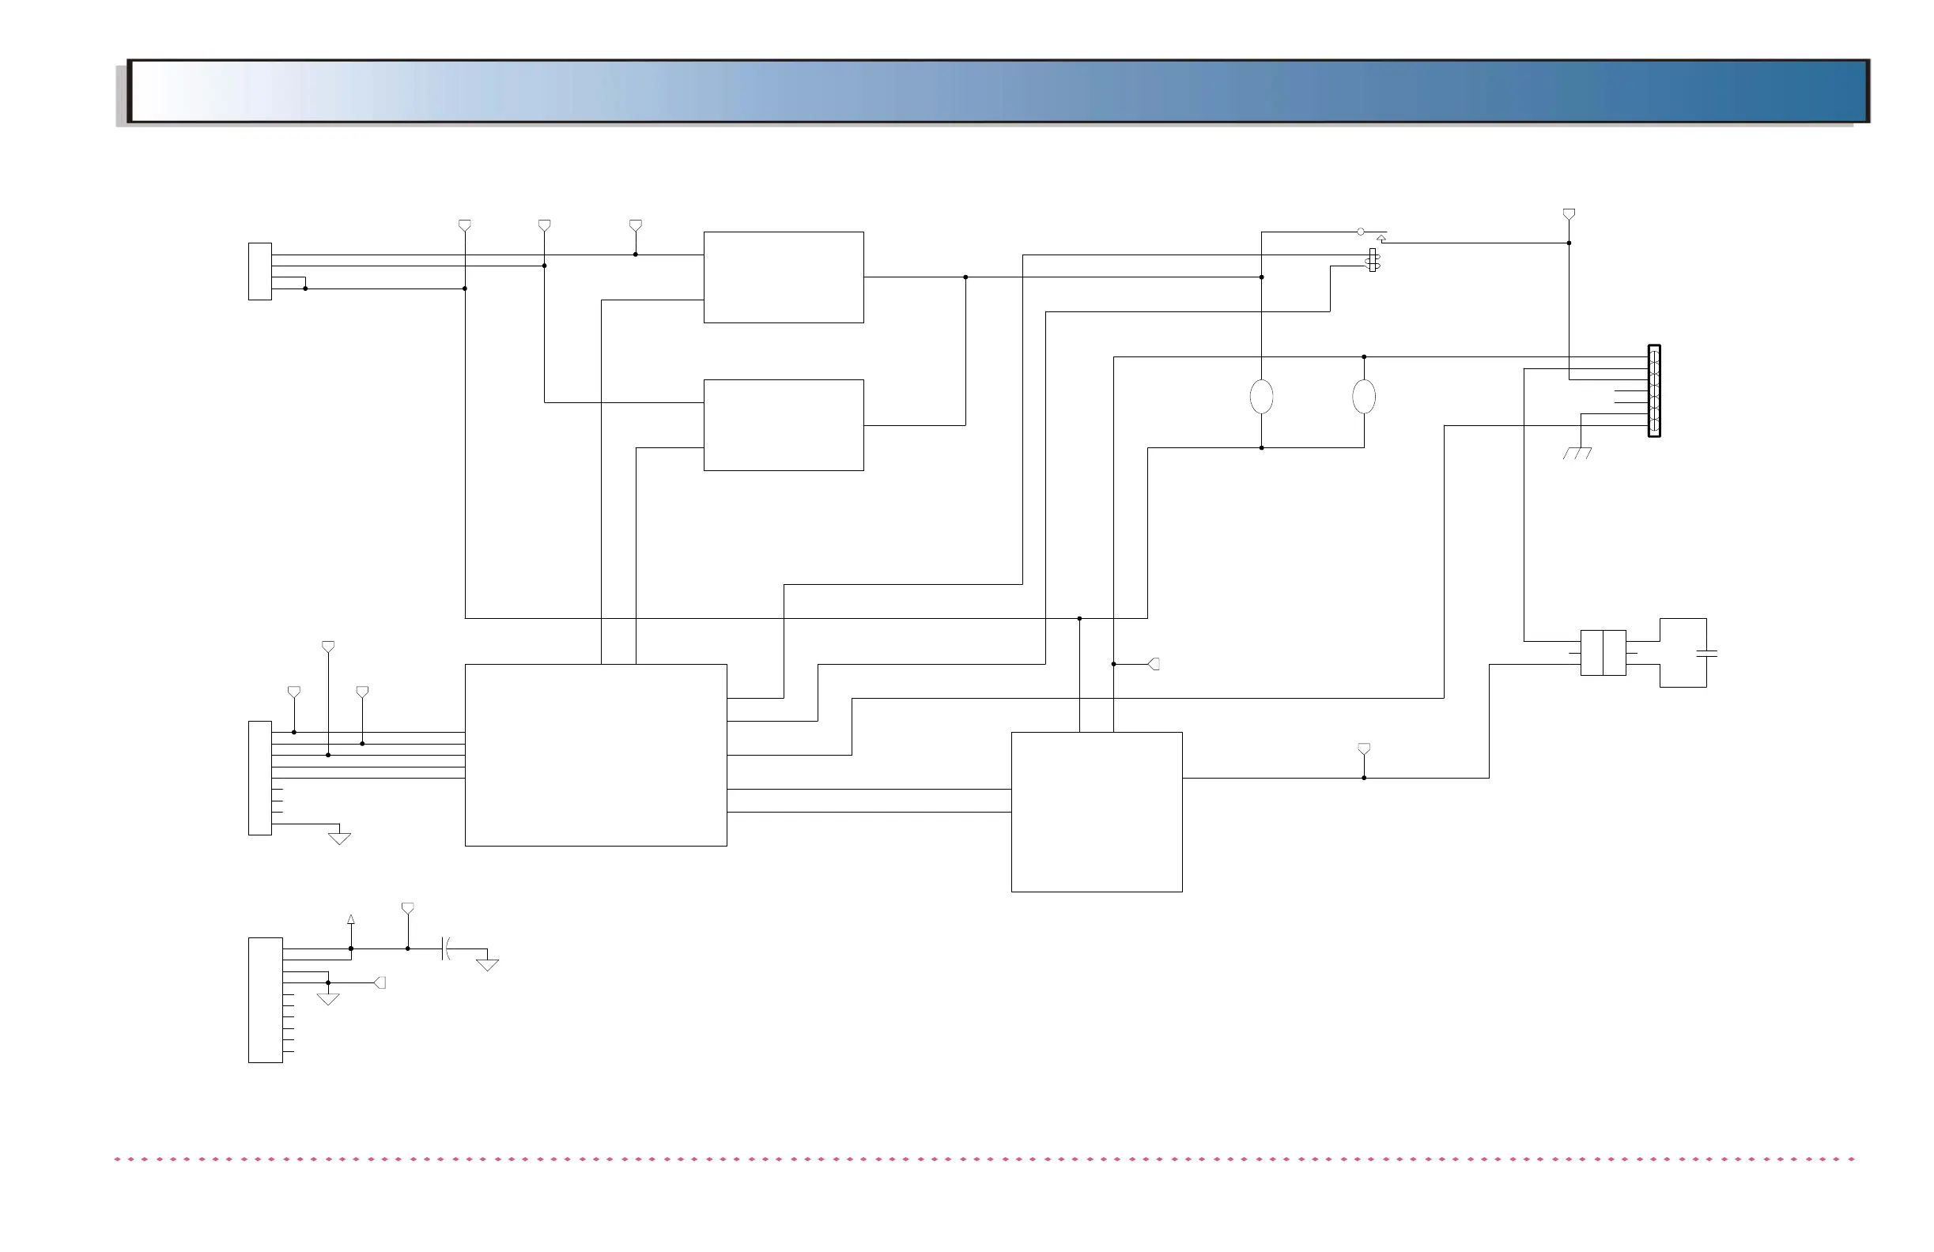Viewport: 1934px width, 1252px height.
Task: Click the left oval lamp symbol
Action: tap(1261, 397)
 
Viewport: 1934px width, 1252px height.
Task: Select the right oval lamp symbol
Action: tap(1364, 397)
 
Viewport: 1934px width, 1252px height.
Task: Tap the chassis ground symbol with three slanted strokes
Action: tap(1577, 454)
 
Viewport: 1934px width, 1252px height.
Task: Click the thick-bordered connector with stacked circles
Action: tap(1653, 390)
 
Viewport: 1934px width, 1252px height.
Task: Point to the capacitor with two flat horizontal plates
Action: tap(1706, 653)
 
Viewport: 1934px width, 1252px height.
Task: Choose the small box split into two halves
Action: tap(1603, 652)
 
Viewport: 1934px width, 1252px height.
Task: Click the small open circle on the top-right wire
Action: tap(1360, 232)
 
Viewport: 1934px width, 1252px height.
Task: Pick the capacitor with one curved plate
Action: tap(445, 948)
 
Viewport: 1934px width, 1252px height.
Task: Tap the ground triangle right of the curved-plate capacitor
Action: tap(487, 965)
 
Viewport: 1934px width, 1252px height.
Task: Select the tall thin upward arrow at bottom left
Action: tap(351, 920)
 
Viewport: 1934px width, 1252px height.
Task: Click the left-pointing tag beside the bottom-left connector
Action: tap(380, 983)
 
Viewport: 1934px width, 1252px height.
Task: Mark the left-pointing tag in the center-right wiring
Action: tap(1154, 664)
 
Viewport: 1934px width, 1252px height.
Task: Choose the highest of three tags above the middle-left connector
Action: tap(328, 647)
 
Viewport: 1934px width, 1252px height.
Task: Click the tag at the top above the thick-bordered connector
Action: tap(1569, 214)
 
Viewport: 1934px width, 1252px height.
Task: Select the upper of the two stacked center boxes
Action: tap(784, 277)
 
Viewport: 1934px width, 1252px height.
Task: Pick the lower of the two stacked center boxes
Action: tap(784, 425)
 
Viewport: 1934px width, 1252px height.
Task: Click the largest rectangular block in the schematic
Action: tap(595, 756)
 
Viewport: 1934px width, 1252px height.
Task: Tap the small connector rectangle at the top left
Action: tap(260, 271)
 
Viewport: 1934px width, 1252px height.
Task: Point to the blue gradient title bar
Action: tap(998, 91)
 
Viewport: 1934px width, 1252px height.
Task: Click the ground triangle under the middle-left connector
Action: tap(339, 839)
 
